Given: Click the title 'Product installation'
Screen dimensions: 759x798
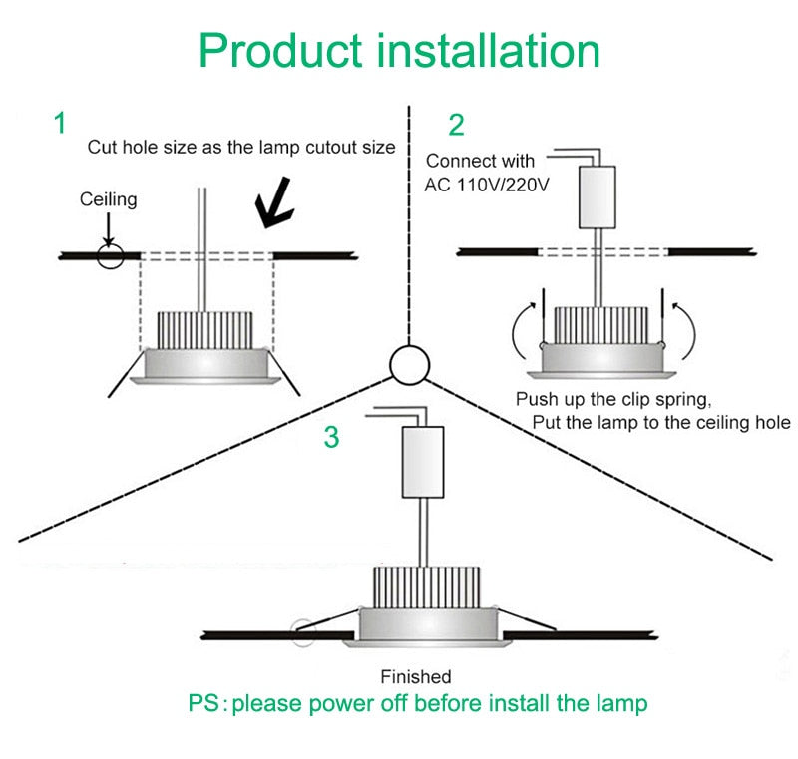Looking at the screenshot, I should [x=399, y=49].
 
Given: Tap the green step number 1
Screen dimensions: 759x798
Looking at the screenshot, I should [x=60, y=123].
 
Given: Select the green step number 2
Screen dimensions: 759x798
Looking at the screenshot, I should [x=456, y=126].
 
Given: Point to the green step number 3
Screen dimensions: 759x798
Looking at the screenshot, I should [x=331, y=437].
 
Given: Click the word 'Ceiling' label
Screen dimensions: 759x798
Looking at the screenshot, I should [x=108, y=200].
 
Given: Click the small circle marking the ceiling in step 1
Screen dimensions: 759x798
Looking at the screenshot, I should [x=110, y=255].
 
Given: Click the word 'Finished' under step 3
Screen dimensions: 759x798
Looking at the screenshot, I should [x=416, y=676].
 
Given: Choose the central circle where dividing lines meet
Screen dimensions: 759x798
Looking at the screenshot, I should [x=409, y=366].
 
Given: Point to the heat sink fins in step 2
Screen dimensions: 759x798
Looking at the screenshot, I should [x=596, y=323].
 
